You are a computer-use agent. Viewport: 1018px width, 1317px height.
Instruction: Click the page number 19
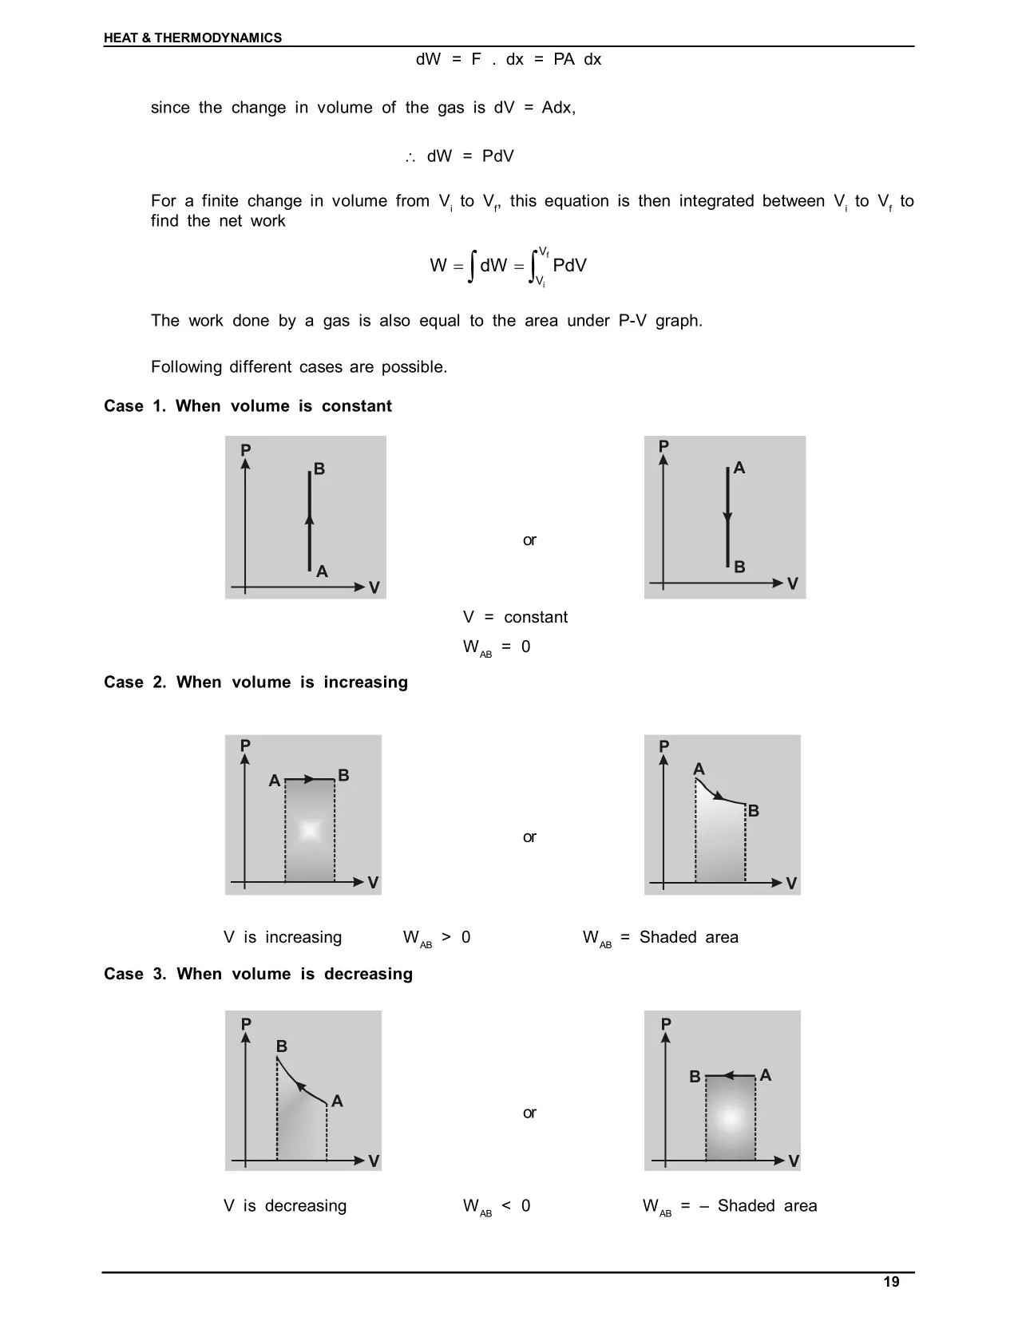891,1282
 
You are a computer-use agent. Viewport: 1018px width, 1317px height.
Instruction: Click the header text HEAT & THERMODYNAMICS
192,38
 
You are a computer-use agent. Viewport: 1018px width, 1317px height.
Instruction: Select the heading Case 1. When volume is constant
248,406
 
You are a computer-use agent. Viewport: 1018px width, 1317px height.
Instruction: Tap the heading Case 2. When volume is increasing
255,682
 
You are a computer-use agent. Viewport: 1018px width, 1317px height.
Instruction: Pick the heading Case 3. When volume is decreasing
258,974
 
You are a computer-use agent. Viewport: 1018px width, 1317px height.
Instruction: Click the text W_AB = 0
496,647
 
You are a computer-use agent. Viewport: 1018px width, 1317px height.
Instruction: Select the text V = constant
515,617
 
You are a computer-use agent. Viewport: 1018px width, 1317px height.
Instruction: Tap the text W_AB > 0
437,938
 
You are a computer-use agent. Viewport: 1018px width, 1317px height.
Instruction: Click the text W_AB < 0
496,1206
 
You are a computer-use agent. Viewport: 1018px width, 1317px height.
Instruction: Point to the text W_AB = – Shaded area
729,1206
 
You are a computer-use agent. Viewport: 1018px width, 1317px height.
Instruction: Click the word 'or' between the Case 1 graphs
529,540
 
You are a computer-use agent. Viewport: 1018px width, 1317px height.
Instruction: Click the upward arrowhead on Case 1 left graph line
310,520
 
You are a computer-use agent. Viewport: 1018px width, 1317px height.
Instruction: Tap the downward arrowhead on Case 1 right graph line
727,520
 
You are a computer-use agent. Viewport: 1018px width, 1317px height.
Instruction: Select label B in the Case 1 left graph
319,469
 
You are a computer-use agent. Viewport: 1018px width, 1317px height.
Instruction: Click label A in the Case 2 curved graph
699,769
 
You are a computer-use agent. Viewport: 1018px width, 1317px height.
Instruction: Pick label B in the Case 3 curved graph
282,1046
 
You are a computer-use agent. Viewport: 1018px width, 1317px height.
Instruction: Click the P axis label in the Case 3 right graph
666,1024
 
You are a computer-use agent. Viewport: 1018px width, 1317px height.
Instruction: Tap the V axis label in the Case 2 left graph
373,883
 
